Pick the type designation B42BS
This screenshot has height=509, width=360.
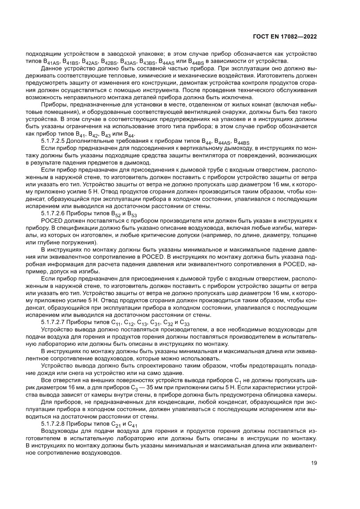pyautogui.click(x=108, y=62)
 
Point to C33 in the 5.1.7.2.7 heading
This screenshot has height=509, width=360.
pyautogui.click(x=184, y=323)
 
